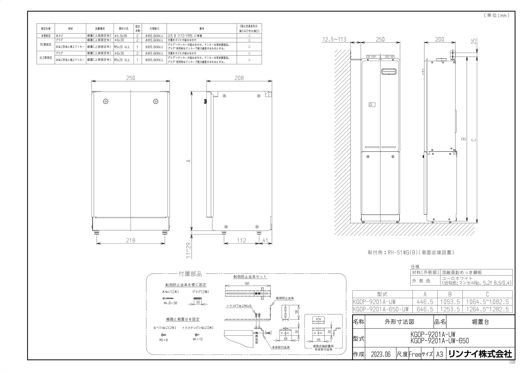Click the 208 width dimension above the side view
point(239,78)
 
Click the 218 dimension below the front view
point(131,240)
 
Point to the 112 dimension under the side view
point(241,240)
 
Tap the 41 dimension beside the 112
point(265,240)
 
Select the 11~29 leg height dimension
point(188,251)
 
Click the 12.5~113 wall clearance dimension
point(334,39)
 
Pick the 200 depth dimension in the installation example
point(439,39)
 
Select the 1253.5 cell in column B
point(450,309)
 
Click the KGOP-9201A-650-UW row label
point(381,309)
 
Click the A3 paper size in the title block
point(439,354)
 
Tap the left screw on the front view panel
point(105,101)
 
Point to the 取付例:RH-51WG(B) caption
point(411,253)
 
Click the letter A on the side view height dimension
point(188,161)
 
